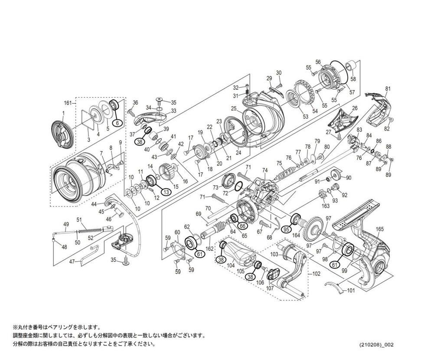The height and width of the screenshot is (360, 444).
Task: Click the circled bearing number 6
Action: point(116,123)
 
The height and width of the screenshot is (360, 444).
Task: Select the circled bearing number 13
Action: point(165,191)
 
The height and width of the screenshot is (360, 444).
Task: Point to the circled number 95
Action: point(286,229)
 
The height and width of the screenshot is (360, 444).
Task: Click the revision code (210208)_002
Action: point(376,345)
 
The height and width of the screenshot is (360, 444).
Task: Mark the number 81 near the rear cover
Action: point(388,88)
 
